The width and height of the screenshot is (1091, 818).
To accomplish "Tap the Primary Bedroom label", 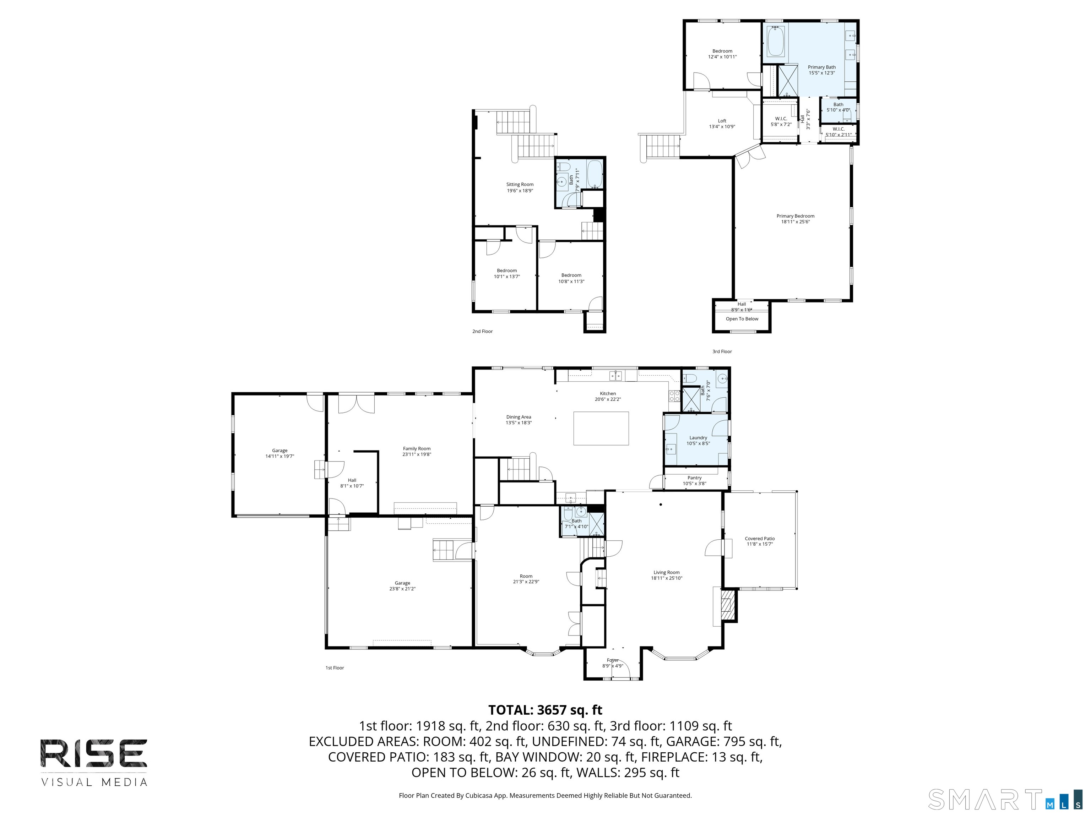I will (795, 216).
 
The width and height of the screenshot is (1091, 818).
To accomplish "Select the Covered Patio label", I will (760, 539).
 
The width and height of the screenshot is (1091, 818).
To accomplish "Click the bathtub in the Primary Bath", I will (775, 42).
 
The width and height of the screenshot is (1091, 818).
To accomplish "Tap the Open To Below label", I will (742, 319).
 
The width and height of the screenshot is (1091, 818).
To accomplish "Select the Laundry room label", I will (698, 437).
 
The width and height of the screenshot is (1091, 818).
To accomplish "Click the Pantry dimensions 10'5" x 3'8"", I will (694, 484).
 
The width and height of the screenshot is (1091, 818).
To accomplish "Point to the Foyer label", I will (613, 660).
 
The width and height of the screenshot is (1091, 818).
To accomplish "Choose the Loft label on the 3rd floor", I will (722, 121).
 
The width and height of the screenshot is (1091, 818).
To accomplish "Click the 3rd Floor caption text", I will (722, 351).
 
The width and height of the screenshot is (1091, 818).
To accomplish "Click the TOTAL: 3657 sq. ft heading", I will (545, 710).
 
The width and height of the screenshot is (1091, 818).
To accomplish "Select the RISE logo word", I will (94, 753).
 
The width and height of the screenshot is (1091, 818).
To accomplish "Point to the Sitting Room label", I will (520, 184).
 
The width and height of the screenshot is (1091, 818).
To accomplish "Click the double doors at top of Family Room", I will (356, 403).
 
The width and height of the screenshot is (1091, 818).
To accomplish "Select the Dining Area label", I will (519, 417).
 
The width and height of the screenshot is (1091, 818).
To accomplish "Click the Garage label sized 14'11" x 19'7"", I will (279, 450).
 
